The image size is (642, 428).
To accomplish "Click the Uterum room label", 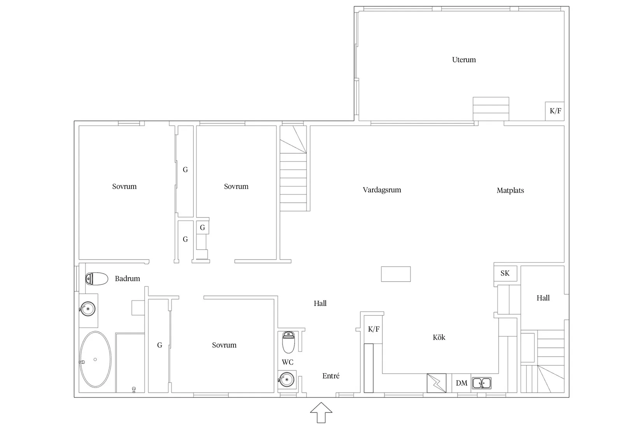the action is tap(464, 60).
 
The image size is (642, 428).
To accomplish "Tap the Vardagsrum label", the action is tap(382, 190).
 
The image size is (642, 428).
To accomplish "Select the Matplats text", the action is tap(510, 190).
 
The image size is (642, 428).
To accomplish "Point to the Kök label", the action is tap(439, 337).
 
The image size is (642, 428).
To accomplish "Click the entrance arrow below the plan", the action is tap(321, 412).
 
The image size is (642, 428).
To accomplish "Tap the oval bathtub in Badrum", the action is tap(95, 359).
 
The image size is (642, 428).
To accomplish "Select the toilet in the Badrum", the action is tap(96, 279).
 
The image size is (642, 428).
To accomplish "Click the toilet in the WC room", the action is tap(288, 342).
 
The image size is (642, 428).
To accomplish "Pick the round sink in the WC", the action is tap(286, 379).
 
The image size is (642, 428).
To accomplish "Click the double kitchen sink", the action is tap(482, 383).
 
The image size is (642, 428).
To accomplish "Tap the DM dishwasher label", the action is tap(461, 383).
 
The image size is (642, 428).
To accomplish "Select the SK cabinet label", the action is tap(505, 273).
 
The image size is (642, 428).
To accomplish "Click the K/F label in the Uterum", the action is tap(555, 111).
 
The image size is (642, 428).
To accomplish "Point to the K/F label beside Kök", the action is tap(374, 329).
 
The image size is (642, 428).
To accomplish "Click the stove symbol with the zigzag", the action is tap(437, 383).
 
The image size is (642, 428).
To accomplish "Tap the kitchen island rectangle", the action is tap(396, 274).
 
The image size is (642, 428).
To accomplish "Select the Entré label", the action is tap(331, 376).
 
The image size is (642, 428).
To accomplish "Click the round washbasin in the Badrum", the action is tap(88, 309).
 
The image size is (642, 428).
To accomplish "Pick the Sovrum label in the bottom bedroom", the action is tap(224, 345).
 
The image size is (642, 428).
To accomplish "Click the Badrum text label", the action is tap(127, 278).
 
